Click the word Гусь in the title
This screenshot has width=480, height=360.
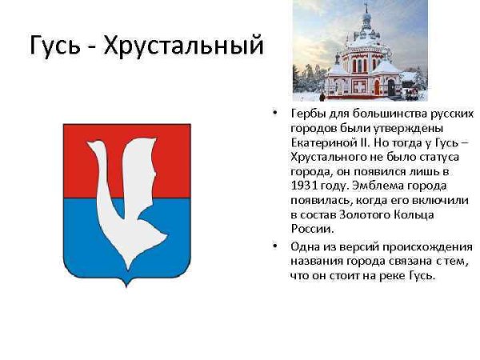click(54, 45)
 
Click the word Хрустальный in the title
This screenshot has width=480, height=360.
click(183, 46)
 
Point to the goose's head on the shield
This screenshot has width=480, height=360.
click(95, 146)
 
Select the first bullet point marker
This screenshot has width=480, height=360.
click(274, 113)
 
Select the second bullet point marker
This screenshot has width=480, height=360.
click(274, 246)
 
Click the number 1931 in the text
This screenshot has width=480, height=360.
click(304, 186)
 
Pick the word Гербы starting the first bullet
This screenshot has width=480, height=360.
click(308, 114)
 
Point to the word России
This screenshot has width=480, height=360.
click(312, 229)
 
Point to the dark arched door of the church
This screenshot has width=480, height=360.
click(391, 87)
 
